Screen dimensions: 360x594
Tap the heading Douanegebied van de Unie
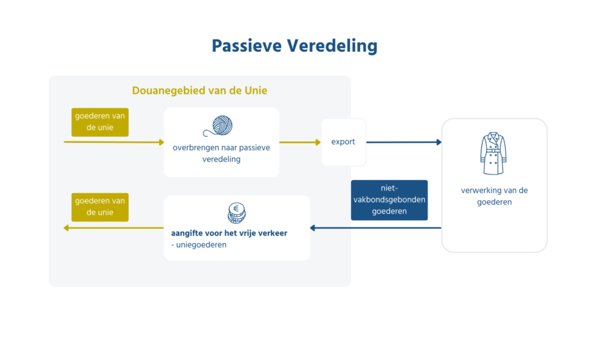[200, 91]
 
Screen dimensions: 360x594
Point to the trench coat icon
[494, 154]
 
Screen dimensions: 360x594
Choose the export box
[343, 142]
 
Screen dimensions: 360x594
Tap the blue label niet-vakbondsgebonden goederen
[389, 200]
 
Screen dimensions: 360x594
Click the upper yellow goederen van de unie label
[100, 122]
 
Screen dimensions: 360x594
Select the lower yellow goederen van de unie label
[100, 207]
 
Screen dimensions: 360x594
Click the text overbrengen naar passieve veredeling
[221, 153]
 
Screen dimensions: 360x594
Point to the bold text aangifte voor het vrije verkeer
[229, 233]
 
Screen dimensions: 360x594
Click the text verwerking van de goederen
[494, 196]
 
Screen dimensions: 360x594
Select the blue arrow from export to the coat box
[404, 142]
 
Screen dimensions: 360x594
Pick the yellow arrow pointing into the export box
[300, 142]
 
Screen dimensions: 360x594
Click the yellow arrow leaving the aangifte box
[114, 228]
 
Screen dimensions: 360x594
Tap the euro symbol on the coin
[237, 209]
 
